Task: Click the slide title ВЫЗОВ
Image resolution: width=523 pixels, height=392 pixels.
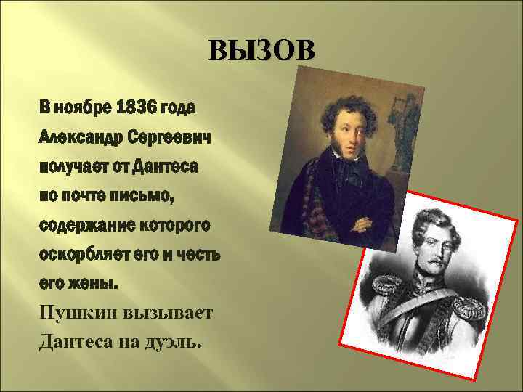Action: click(261, 52)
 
